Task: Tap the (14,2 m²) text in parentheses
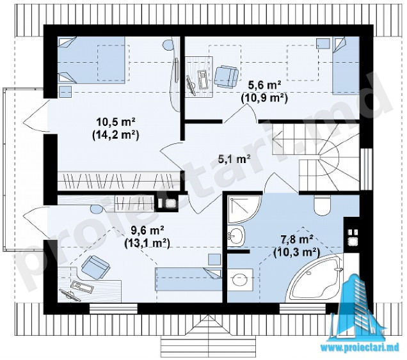pos(116,135)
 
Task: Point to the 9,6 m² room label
pos(147,230)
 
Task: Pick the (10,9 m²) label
pos(264,98)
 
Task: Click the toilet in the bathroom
pos(322,205)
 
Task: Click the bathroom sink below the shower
pos(236,235)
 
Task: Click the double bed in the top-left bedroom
pos(92,59)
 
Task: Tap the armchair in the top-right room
pos(226,75)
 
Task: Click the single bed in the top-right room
pos(346,65)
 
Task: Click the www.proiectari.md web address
pos(360,348)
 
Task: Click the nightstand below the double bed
pos(65,91)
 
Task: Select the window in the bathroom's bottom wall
pos(303,308)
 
